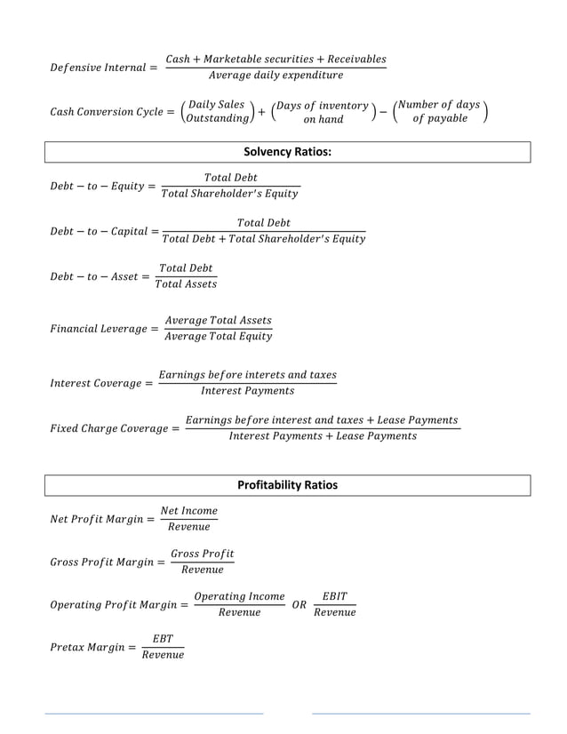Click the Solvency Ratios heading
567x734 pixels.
tap(287, 152)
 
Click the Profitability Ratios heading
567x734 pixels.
tap(287, 485)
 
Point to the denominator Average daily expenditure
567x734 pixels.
tap(276, 76)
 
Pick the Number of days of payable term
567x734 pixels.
tap(439, 112)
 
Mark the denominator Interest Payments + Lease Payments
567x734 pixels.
tap(322, 436)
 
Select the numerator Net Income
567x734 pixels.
tap(188, 511)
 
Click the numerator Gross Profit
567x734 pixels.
tap(203, 554)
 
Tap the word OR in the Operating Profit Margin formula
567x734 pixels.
tap(299, 604)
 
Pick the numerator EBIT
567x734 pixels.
tap(334, 596)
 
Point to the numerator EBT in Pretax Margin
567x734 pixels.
tap(163, 639)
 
